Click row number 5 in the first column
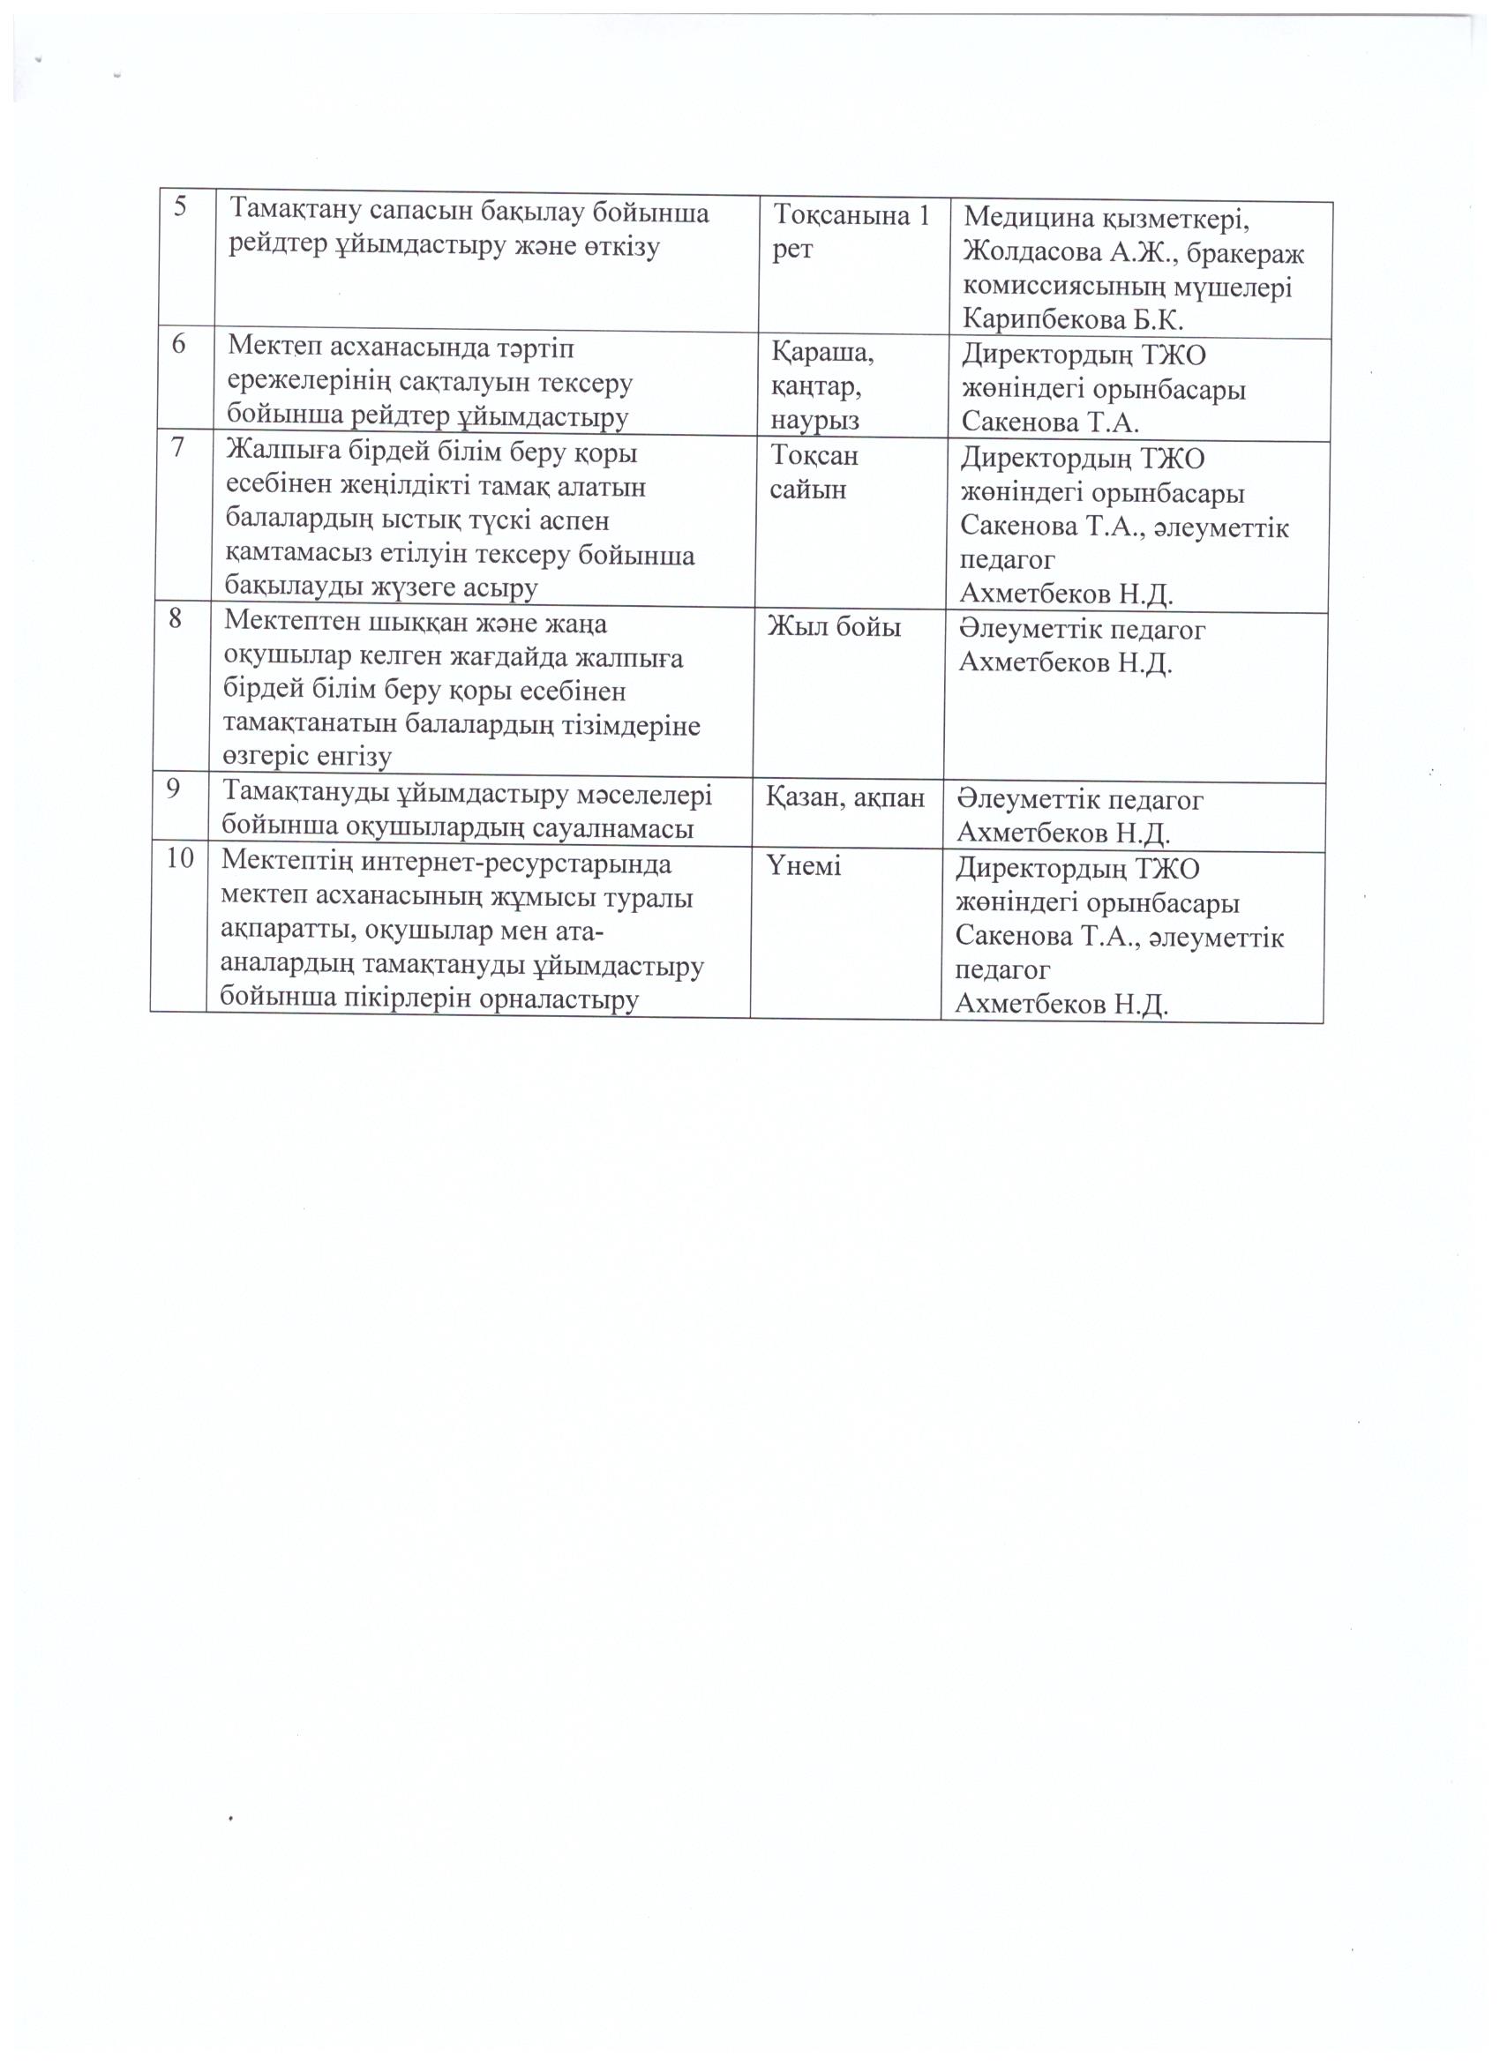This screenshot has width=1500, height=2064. (x=181, y=206)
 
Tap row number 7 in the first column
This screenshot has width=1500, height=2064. (x=180, y=448)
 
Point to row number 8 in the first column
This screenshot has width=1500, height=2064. (x=177, y=619)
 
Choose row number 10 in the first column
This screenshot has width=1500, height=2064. (x=179, y=857)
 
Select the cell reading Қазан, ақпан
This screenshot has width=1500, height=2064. (x=844, y=797)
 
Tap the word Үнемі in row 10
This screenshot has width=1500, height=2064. (x=805, y=865)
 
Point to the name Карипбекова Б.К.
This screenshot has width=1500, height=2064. (x=1073, y=319)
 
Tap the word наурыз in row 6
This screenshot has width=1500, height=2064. (x=815, y=420)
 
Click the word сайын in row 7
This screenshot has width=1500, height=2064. (x=807, y=489)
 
